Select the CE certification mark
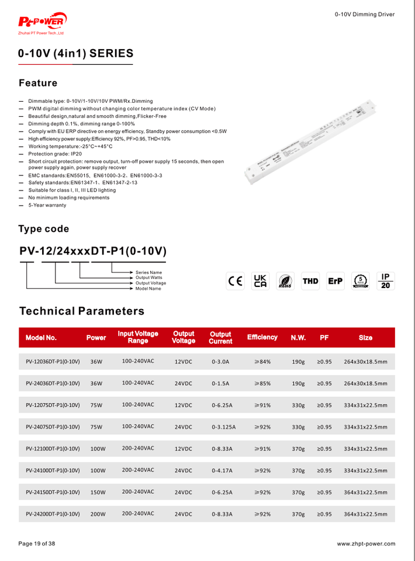236,281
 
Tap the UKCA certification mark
260,281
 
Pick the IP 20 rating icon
385,281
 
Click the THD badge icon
310,281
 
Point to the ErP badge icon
336,281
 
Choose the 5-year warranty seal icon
361,281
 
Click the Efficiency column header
262,338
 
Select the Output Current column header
220,338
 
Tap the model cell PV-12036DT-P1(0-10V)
53,362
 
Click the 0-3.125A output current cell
223,427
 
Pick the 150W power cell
98,493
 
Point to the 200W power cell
98,514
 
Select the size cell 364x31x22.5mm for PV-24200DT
365,514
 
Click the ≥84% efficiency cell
262,362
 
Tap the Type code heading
44,229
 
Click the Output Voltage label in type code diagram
151,283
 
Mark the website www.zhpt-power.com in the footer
366,544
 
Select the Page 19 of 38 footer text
37,544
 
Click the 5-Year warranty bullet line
47,205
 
